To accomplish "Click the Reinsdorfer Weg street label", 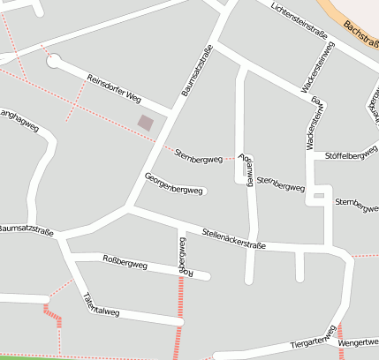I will [115, 90].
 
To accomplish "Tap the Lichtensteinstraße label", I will [299, 23].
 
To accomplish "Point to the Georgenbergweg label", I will [175, 184].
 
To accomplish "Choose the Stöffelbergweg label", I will [351, 157].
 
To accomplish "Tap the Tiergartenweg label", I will [314, 340].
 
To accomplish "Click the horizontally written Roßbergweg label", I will [125, 261].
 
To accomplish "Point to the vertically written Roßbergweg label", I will [183, 255].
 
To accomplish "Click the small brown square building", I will [146, 124].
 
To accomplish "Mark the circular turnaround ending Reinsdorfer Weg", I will [54, 61].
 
